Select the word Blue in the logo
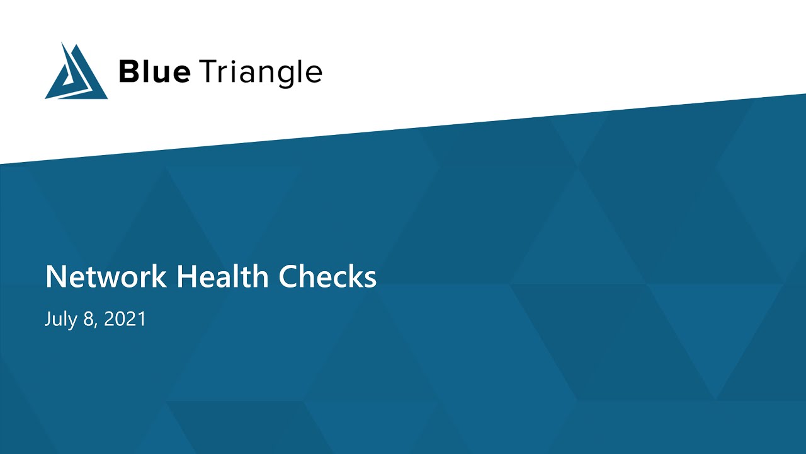(x=154, y=73)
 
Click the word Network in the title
(x=106, y=277)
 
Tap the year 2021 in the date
(x=125, y=319)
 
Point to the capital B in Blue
(x=129, y=73)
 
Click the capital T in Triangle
(x=208, y=73)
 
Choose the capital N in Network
(x=55, y=277)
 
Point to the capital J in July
(x=48, y=319)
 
